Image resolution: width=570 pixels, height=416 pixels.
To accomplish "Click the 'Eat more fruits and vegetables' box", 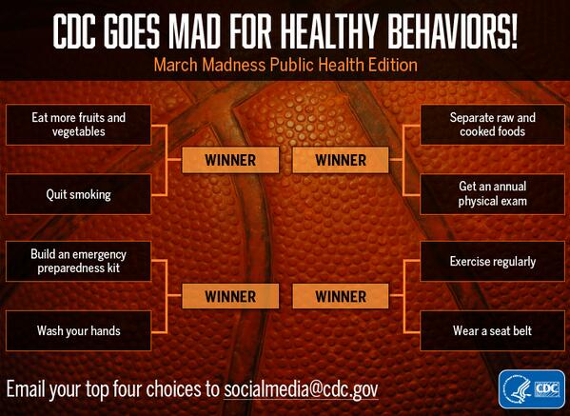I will pyautogui.click(x=79, y=125).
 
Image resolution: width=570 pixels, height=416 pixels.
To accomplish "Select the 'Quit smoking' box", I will pyautogui.click(x=79, y=194).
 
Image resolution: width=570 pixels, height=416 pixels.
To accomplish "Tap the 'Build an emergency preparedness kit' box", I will pyautogui.click(x=79, y=262).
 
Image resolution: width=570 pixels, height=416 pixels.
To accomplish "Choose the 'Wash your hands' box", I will pyautogui.click(x=79, y=331).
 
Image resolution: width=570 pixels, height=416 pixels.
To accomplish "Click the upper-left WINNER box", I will pyautogui.click(x=230, y=160).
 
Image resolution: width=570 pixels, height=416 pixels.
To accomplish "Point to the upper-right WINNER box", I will pyautogui.click(x=340, y=160).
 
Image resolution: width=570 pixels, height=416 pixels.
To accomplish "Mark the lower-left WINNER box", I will pyautogui.click(x=230, y=296).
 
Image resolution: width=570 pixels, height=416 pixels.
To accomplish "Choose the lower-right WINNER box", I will pyautogui.click(x=340, y=296).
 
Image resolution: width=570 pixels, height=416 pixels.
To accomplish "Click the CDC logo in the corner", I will pyautogui.click(x=531, y=389).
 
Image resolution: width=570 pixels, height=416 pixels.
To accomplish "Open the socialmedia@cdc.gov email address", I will pyautogui.click(x=305, y=390).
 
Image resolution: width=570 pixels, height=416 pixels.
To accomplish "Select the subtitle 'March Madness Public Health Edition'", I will pyautogui.click(x=285, y=66).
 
